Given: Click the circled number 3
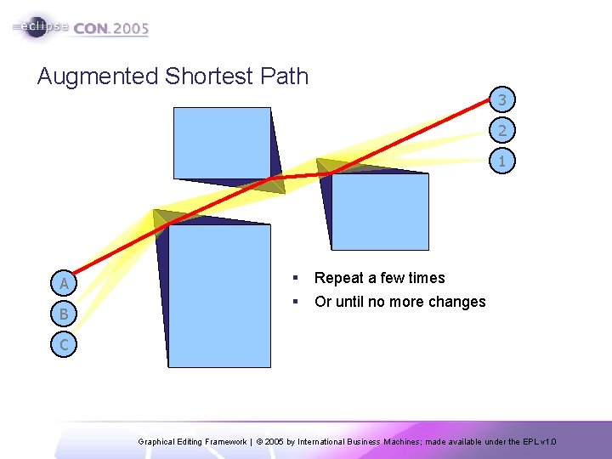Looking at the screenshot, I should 502,100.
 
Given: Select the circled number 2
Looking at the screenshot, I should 502,130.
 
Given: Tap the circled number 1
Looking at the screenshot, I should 502,160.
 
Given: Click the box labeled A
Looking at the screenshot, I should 64,283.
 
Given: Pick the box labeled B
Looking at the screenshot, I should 64,314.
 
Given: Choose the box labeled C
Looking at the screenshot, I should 64,344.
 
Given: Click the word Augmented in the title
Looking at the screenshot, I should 98,76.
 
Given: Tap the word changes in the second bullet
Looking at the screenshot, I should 458,302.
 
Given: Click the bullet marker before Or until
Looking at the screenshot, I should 293,302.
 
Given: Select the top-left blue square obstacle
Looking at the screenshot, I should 222,143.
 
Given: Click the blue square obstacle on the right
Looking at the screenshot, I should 379,211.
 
